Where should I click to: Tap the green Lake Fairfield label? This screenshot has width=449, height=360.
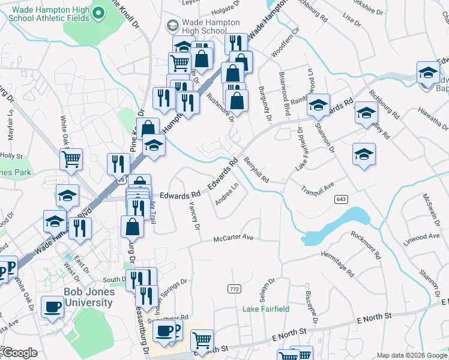coord(266,309)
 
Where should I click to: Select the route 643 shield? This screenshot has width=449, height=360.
coord(342,199)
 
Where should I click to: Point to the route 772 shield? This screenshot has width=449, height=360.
coord(234,289)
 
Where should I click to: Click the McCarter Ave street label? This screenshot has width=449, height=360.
coord(234,238)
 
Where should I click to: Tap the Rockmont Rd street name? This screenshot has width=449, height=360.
coord(366,245)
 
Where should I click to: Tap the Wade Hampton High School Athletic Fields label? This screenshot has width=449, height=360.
coord(50,14)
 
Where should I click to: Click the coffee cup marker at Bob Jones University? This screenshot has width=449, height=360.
coord(52,307)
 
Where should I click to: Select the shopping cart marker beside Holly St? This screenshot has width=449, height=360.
coord(71,160)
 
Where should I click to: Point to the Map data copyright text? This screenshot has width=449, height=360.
coord(411,355)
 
